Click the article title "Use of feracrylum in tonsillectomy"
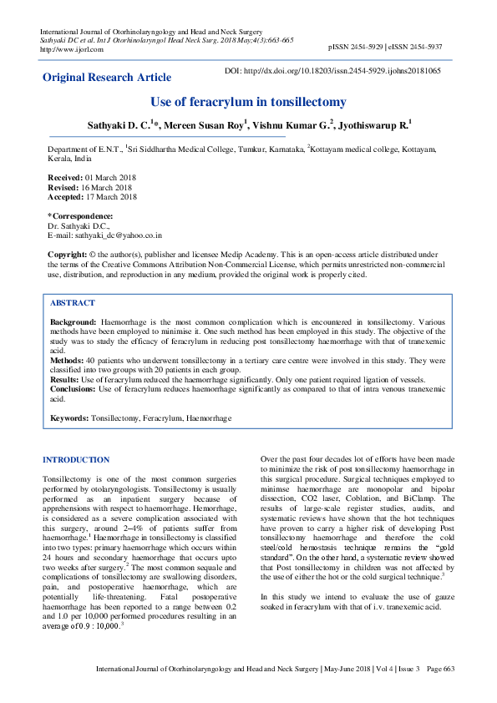[x=248, y=102]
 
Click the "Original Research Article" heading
[x=107, y=78]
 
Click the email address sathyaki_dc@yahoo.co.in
[x=116, y=236]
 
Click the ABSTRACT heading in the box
[x=73, y=303]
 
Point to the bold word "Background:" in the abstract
[x=74, y=321]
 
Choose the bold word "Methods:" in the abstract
[x=67, y=360]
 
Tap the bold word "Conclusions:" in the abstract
[x=73, y=389]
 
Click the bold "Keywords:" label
[x=69, y=417]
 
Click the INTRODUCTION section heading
[x=76, y=460]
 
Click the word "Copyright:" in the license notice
[x=68, y=253]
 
